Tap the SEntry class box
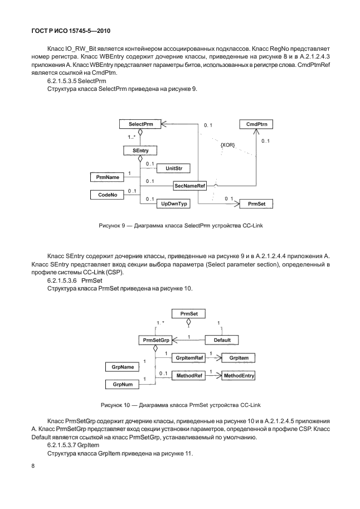click(x=140, y=151)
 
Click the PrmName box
click(x=109, y=177)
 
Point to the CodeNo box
click(x=109, y=195)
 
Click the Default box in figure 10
click(x=222, y=340)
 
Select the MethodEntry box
click(x=239, y=376)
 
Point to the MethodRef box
click(x=189, y=376)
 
